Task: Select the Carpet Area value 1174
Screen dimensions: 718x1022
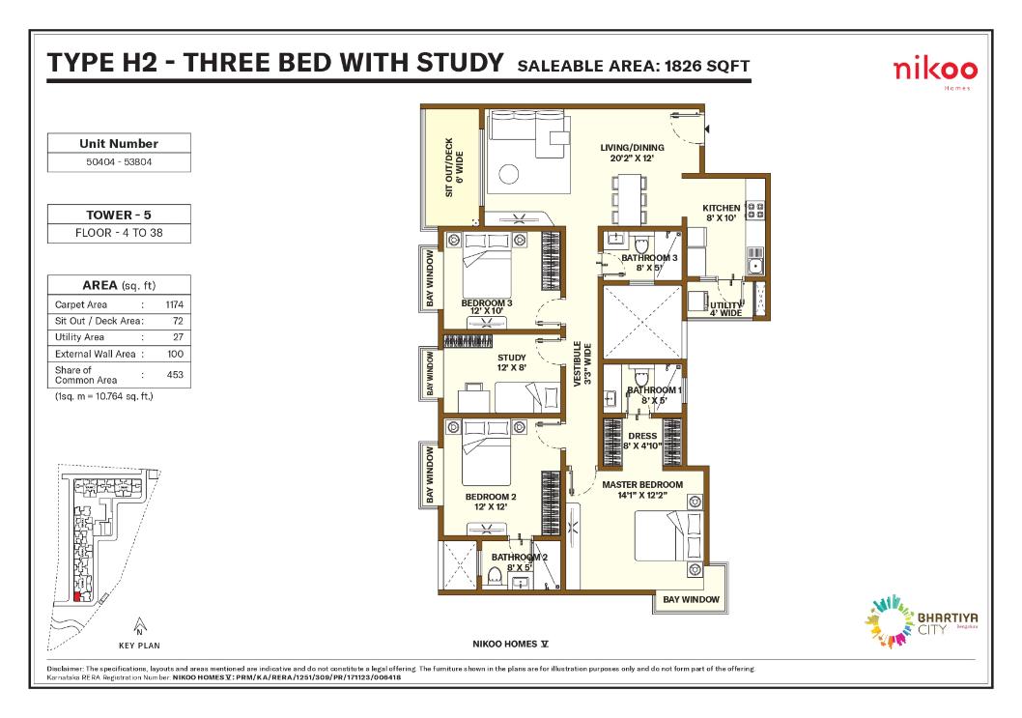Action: click(174, 303)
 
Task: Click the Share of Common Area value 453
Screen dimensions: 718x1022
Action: click(174, 374)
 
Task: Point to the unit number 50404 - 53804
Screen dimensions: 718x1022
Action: click(119, 162)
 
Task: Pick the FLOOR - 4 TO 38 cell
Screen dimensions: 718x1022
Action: click(119, 233)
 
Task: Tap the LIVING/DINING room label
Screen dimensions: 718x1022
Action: click(632, 152)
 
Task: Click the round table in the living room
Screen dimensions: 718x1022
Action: click(509, 175)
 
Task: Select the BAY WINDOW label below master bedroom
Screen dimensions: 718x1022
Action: click(691, 600)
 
